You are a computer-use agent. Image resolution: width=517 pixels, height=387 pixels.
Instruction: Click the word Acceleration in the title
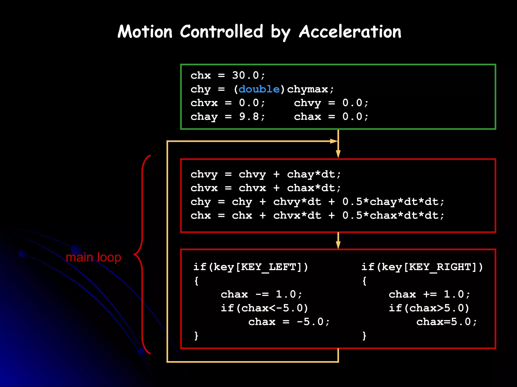pos(350,32)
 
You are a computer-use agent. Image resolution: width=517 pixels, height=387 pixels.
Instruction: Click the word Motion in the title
pos(145,32)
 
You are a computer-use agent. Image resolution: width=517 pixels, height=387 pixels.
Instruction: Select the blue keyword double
pos(259,89)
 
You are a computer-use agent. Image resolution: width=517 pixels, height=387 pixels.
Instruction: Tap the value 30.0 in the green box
pos(245,75)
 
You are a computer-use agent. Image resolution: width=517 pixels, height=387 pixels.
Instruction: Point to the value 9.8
pos(249,116)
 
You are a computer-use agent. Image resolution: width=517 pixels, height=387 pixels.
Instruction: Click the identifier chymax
pos(307,89)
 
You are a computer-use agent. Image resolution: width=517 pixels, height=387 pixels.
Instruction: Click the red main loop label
pos(93,257)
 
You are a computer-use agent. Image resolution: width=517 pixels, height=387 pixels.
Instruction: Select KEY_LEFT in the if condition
pos(269,267)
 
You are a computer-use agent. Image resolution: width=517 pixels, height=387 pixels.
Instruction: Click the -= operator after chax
pos(262,294)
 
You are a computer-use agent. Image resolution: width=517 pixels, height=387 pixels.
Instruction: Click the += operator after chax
pos(430,294)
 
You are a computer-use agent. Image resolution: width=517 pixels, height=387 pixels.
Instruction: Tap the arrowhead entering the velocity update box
pos(338,154)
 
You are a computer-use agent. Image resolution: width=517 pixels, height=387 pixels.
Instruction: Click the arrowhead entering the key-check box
pos(338,245)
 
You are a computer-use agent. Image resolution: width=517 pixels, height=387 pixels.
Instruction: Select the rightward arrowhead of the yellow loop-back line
pos(334,141)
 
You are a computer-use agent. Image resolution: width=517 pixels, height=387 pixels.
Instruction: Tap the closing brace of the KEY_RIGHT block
pos(364,336)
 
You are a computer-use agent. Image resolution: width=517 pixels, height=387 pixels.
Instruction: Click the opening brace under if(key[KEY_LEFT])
pos(196,281)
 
